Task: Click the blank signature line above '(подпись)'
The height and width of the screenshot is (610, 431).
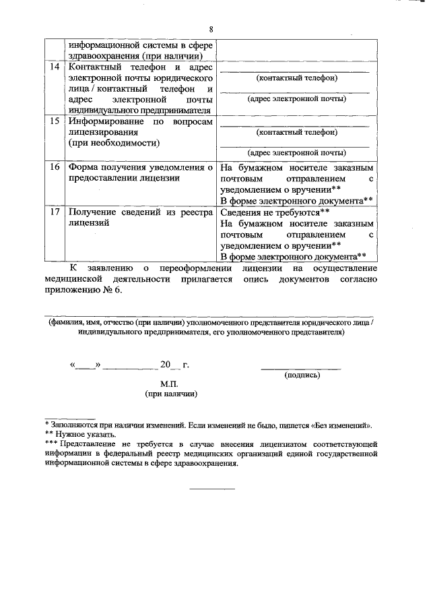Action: [x=300, y=368]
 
